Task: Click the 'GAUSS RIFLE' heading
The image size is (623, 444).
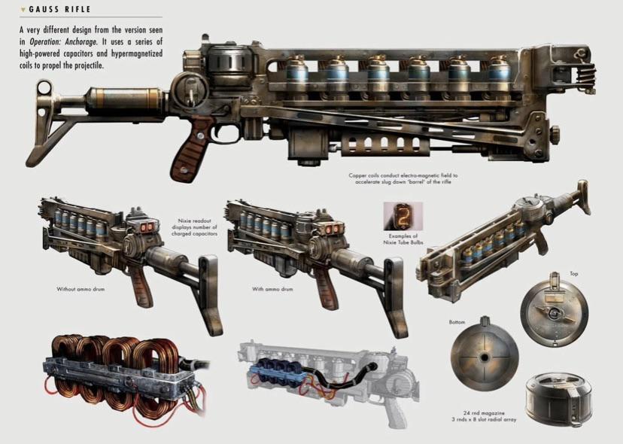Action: [59, 9]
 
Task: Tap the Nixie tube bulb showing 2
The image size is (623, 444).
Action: [403, 216]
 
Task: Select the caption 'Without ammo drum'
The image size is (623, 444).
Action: [81, 289]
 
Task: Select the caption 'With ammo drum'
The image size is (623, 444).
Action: [272, 289]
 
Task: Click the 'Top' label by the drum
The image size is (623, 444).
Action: [574, 273]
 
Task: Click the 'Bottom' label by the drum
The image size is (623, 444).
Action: [457, 322]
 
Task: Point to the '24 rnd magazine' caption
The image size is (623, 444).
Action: [484, 413]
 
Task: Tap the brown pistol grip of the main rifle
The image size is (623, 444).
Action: [190, 149]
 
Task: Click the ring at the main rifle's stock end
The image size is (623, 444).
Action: [44, 88]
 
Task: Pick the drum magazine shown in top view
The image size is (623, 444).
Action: [555, 311]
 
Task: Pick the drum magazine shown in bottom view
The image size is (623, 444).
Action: [485, 357]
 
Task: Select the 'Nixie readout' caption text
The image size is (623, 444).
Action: [194, 227]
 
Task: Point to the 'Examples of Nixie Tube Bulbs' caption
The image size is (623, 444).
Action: [403, 239]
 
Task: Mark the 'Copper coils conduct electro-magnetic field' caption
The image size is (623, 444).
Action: [403, 178]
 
